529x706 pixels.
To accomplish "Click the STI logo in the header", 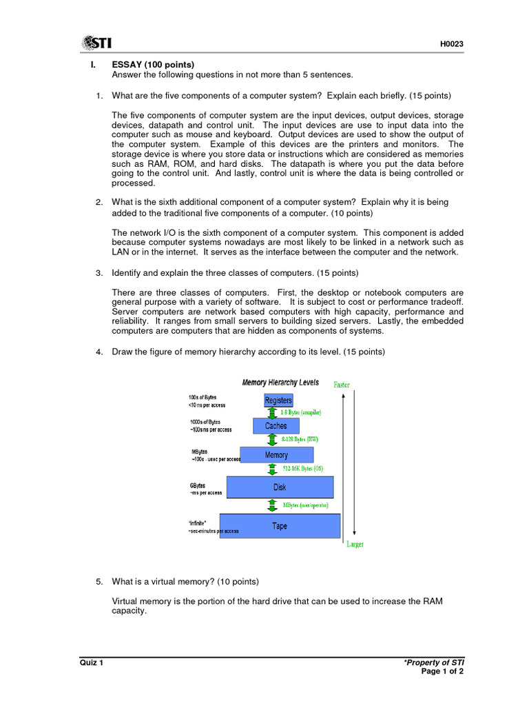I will tap(98, 43).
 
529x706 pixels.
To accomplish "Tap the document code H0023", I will tap(452, 45).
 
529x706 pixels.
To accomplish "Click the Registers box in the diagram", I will tap(278, 401).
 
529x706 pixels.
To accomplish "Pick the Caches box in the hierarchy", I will tap(276, 426).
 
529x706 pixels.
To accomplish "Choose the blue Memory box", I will tap(276, 455).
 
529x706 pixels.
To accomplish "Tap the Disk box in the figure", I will tap(280, 487).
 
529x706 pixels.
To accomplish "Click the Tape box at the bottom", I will tap(280, 526).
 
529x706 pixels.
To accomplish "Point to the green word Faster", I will tap(342, 385).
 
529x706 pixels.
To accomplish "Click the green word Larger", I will tap(355, 545).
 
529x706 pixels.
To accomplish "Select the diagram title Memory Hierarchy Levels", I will tap(280, 383).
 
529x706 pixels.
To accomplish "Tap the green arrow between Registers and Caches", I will tap(272, 413).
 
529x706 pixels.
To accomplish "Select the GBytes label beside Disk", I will tap(197, 485).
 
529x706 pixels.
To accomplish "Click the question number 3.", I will tap(99, 273).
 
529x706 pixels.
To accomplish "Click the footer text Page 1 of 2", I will tap(442, 672).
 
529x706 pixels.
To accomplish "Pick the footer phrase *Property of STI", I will tap(434, 663).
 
